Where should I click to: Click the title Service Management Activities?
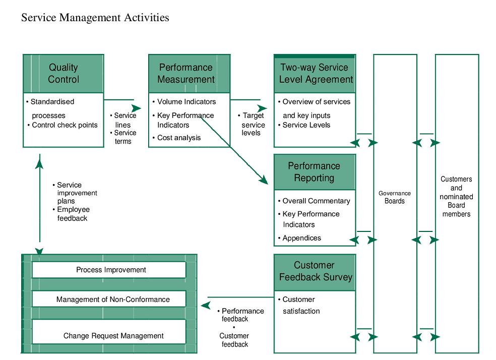coord(95,18)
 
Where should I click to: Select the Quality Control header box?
coord(64,74)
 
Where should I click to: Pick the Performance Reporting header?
coord(314,172)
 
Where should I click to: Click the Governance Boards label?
coord(395,197)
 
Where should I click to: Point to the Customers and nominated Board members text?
coord(456,197)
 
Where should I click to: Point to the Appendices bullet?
coord(301,238)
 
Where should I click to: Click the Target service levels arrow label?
coord(253,124)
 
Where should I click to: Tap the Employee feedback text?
coord(72,214)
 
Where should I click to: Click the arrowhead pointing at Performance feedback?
coord(205,305)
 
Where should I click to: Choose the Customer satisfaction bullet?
coord(300,305)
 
